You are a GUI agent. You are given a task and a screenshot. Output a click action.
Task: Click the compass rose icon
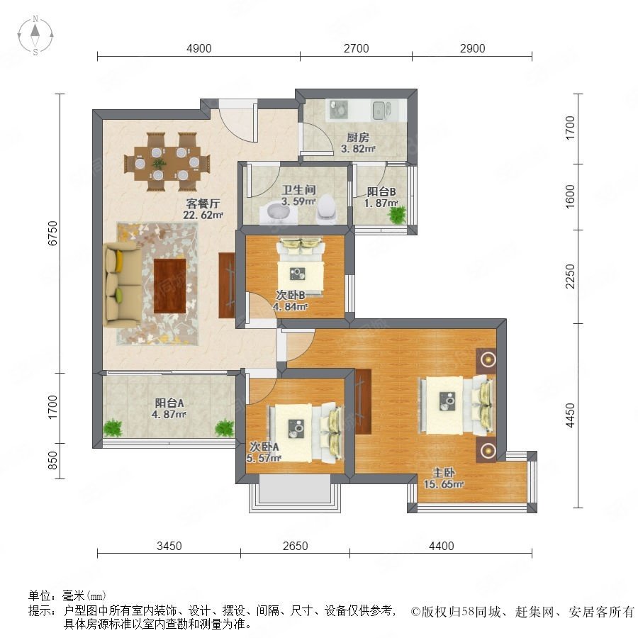(x=35, y=35)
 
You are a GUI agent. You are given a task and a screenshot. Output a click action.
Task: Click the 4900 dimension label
(x=199, y=48)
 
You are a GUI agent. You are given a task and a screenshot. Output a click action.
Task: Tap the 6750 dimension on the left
(x=53, y=233)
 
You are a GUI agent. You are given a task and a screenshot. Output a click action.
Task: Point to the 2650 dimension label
(x=296, y=546)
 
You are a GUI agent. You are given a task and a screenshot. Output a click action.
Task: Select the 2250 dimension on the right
(x=571, y=276)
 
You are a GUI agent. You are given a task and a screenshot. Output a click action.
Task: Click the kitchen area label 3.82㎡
(x=358, y=149)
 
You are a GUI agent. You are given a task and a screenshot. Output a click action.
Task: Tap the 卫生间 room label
(x=299, y=189)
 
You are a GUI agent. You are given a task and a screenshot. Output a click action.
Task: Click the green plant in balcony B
(x=398, y=214)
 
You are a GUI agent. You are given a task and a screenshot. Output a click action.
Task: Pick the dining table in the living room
(x=167, y=162)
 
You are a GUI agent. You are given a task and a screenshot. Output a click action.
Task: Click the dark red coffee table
(x=170, y=286)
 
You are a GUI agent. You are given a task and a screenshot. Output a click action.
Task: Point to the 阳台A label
(x=169, y=403)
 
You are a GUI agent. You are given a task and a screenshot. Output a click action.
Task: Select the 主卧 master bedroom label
(x=443, y=472)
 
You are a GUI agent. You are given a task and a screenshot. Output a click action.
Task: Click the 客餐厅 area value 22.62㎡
(x=203, y=215)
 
